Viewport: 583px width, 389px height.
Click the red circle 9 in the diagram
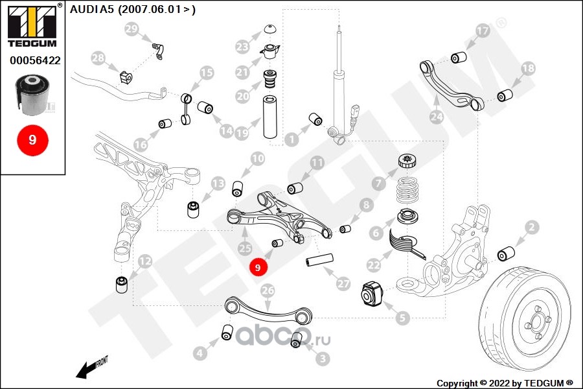pyautogui.click(x=258, y=267)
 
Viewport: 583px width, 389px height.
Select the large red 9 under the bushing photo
pyautogui.click(x=32, y=140)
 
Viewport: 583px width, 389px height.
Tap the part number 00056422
pyautogui.click(x=36, y=60)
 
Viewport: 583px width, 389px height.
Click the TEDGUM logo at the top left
pyautogui.click(x=32, y=26)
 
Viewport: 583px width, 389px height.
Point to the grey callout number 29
pyautogui.click(x=131, y=29)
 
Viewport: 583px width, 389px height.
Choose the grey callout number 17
pyautogui.click(x=483, y=30)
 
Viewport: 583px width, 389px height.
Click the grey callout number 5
pyautogui.click(x=402, y=318)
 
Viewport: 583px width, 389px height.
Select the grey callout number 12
pyautogui.click(x=145, y=261)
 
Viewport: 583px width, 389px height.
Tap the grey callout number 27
pyautogui.click(x=343, y=284)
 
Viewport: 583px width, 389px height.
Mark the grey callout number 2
pyautogui.click(x=532, y=227)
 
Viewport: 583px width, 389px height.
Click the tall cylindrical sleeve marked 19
pyautogui.click(x=271, y=117)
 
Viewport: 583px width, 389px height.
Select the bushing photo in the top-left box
pyautogui.click(x=33, y=95)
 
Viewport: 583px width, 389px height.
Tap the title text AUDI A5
pyautogui.click(x=91, y=9)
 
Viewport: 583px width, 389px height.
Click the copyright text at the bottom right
pyautogui.click(x=505, y=383)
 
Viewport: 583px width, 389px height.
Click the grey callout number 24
pyautogui.click(x=437, y=117)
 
